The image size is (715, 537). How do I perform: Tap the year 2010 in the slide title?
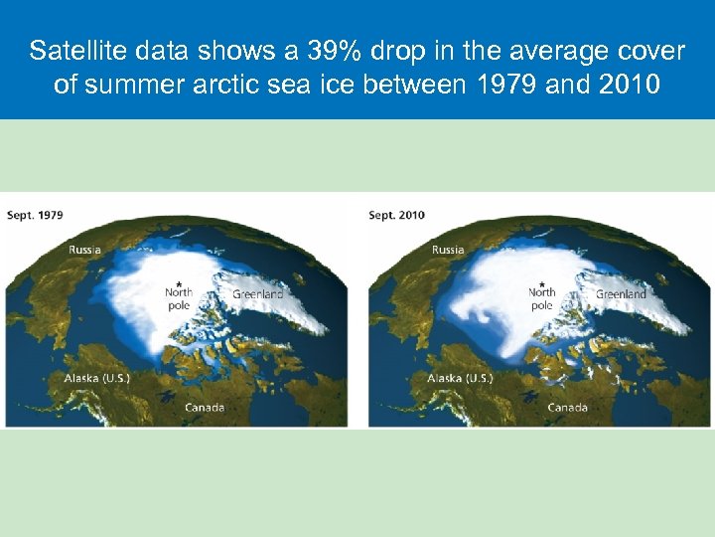point(629,85)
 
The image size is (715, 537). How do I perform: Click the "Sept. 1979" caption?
point(35,216)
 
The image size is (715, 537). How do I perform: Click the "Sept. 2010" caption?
point(398,216)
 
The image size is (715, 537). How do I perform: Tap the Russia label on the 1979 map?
point(84,251)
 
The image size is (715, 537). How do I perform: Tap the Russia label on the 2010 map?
point(448,251)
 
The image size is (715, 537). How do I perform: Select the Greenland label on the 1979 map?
point(257,294)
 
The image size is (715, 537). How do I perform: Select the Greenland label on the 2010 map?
point(621,294)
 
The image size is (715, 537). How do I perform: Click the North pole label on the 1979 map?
point(179,299)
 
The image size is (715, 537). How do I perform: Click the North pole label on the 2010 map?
point(542,299)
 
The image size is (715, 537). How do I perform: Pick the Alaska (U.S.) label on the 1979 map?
point(97,379)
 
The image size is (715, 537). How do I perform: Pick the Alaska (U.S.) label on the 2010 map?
point(461,379)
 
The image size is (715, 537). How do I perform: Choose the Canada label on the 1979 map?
point(205,408)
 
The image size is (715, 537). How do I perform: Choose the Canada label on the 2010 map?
point(568,408)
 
